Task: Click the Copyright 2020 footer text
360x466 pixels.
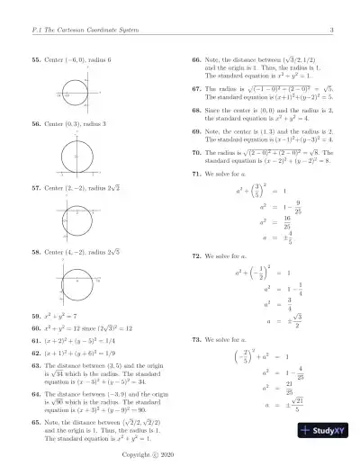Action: coord(180,456)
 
